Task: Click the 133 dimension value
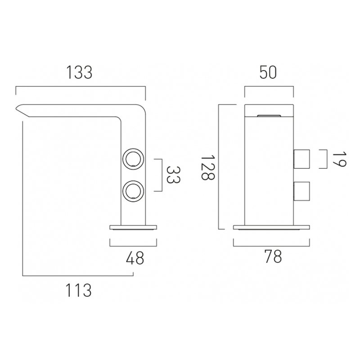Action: point(79,72)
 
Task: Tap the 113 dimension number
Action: point(78,290)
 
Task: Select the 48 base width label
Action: point(135,258)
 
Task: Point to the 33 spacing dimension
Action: point(173,175)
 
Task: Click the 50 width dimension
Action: point(268,72)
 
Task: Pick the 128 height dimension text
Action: point(208,167)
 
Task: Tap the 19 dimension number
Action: point(339,159)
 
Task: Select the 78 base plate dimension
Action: point(273,256)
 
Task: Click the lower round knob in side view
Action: point(133,191)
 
